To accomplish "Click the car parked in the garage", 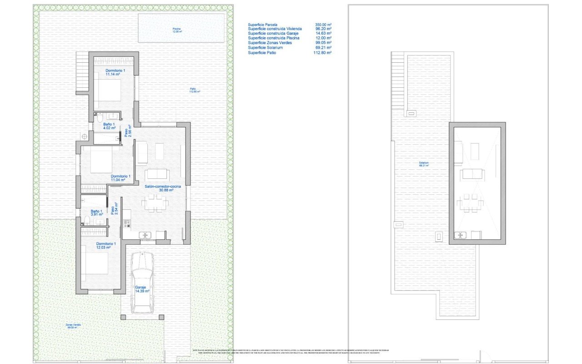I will pos(142,282).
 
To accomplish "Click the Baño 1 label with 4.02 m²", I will pos(109,126).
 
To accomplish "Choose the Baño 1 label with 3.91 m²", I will pos(96,213).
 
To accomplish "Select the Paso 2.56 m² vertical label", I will pos(128,131).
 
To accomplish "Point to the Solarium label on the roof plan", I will pos(424,164).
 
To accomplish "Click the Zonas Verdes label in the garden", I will pos(73,326).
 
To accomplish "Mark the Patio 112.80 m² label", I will pos(195,90).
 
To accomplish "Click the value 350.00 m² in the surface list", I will pos(323,25).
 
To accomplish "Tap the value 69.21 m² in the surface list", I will pos(323,47).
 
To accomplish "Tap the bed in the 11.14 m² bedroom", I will pos(108,90).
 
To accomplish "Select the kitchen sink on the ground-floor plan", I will pos(145,235).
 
